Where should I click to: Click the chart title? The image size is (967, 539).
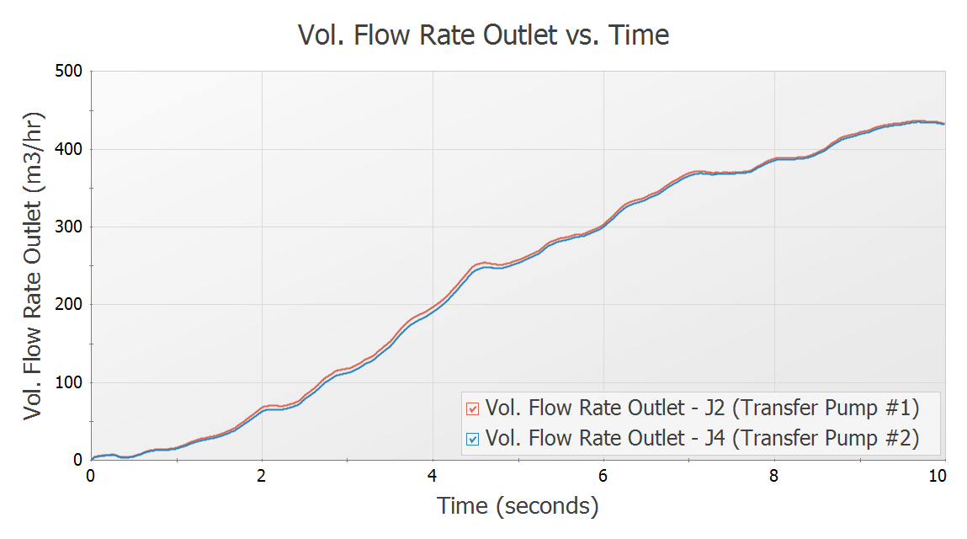(483, 35)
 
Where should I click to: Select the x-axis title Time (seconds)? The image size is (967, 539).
(518, 505)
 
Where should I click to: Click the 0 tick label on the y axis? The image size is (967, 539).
(76, 461)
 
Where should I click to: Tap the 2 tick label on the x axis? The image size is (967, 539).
(262, 475)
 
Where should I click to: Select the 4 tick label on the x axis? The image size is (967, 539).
(433, 475)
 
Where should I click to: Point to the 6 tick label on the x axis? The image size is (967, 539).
(603, 475)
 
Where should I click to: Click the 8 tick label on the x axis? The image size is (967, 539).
(774, 475)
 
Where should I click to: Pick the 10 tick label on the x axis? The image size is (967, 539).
(937, 475)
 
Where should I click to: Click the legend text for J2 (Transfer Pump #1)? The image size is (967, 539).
(703, 408)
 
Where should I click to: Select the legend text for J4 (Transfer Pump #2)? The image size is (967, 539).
(703, 438)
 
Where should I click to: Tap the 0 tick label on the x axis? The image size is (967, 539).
(91, 475)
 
